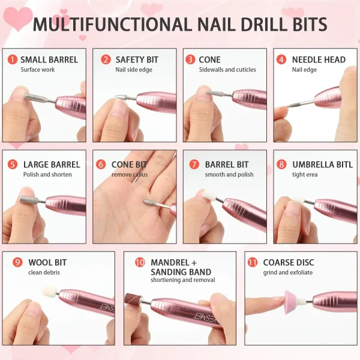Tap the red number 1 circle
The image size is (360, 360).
coord(13,59)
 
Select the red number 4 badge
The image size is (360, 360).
coord(281,59)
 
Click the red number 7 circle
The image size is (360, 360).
coord(194,164)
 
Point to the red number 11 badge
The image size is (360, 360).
coord(253,262)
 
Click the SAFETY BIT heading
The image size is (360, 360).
coord(137,59)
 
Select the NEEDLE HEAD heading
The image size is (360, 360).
coord(319,59)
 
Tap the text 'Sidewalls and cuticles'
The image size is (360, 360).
coord(227,70)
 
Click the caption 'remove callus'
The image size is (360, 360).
coord(130,175)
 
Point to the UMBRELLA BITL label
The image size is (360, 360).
coord(323,164)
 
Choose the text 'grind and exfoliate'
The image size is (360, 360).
coord(288,272)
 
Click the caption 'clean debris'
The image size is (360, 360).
coord(44,272)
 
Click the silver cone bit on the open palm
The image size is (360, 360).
coord(150,203)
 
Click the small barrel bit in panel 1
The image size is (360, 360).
coord(34,97)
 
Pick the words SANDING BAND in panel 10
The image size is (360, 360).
coord(181,272)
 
